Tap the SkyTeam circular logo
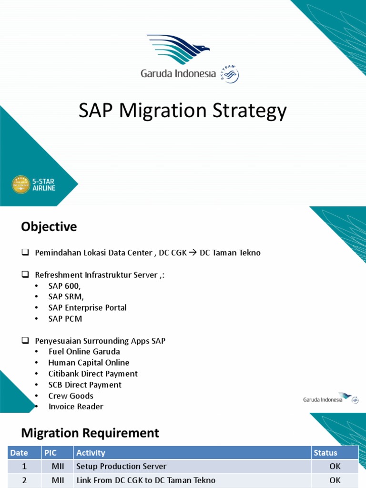230,74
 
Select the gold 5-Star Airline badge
20,184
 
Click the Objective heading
49,227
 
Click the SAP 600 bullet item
65,286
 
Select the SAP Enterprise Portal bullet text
87,308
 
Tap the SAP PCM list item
65,319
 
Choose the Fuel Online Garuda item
84,352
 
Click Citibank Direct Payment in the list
93,374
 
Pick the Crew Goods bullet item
71,396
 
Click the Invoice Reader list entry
76,407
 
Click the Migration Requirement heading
90,433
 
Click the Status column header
325,453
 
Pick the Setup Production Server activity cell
122,466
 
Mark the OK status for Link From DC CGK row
335,480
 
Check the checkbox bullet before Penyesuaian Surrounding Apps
25,341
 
